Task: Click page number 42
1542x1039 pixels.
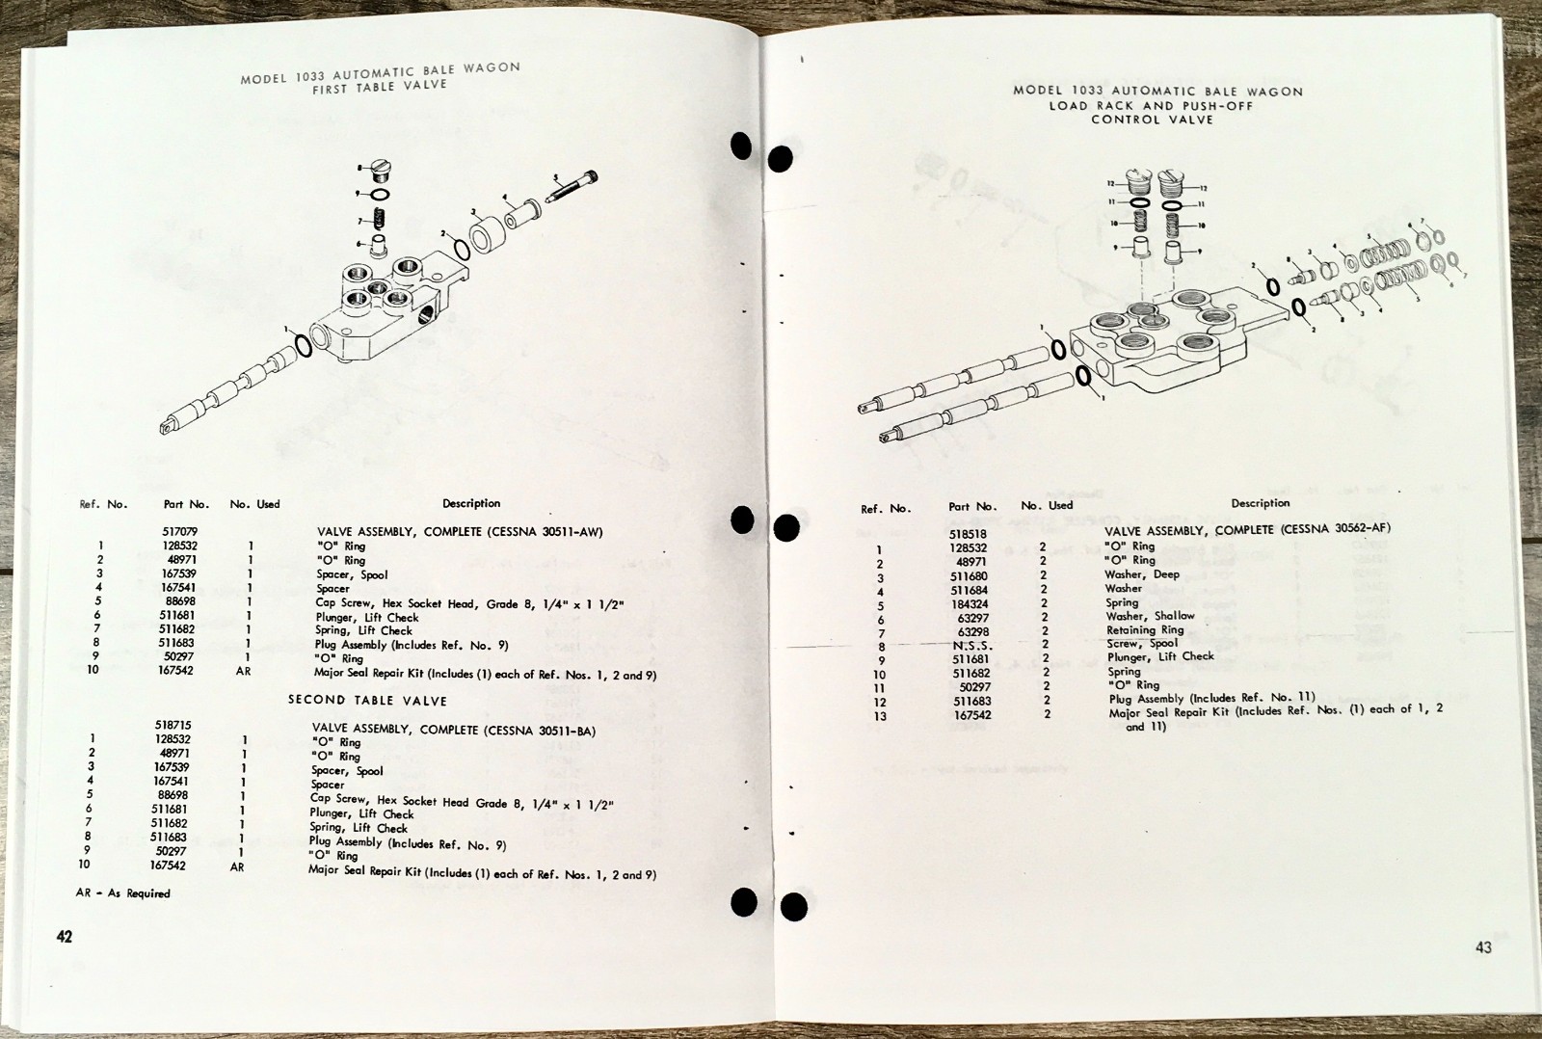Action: (65, 936)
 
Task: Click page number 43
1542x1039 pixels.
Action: (1483, 946)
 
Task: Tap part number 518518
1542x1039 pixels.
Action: (969, 533)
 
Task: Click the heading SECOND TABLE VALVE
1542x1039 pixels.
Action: (367, 701)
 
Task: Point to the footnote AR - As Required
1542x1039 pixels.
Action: (122, 893)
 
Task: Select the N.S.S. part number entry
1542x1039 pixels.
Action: (971, 646)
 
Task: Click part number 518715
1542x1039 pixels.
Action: (173, 724)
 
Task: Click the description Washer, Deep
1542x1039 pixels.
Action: (1141, 574)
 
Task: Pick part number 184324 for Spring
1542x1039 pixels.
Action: (970, 604)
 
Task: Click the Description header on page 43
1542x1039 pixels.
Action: (1260, 503)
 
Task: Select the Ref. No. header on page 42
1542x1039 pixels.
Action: (103, 504)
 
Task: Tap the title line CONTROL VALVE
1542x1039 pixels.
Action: (1152, 120)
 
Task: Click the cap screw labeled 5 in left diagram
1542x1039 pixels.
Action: (574, 185)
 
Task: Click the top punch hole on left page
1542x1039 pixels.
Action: (741, 147)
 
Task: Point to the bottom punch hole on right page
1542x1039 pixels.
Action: (793, 907)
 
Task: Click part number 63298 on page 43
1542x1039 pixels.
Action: (972, 632)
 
